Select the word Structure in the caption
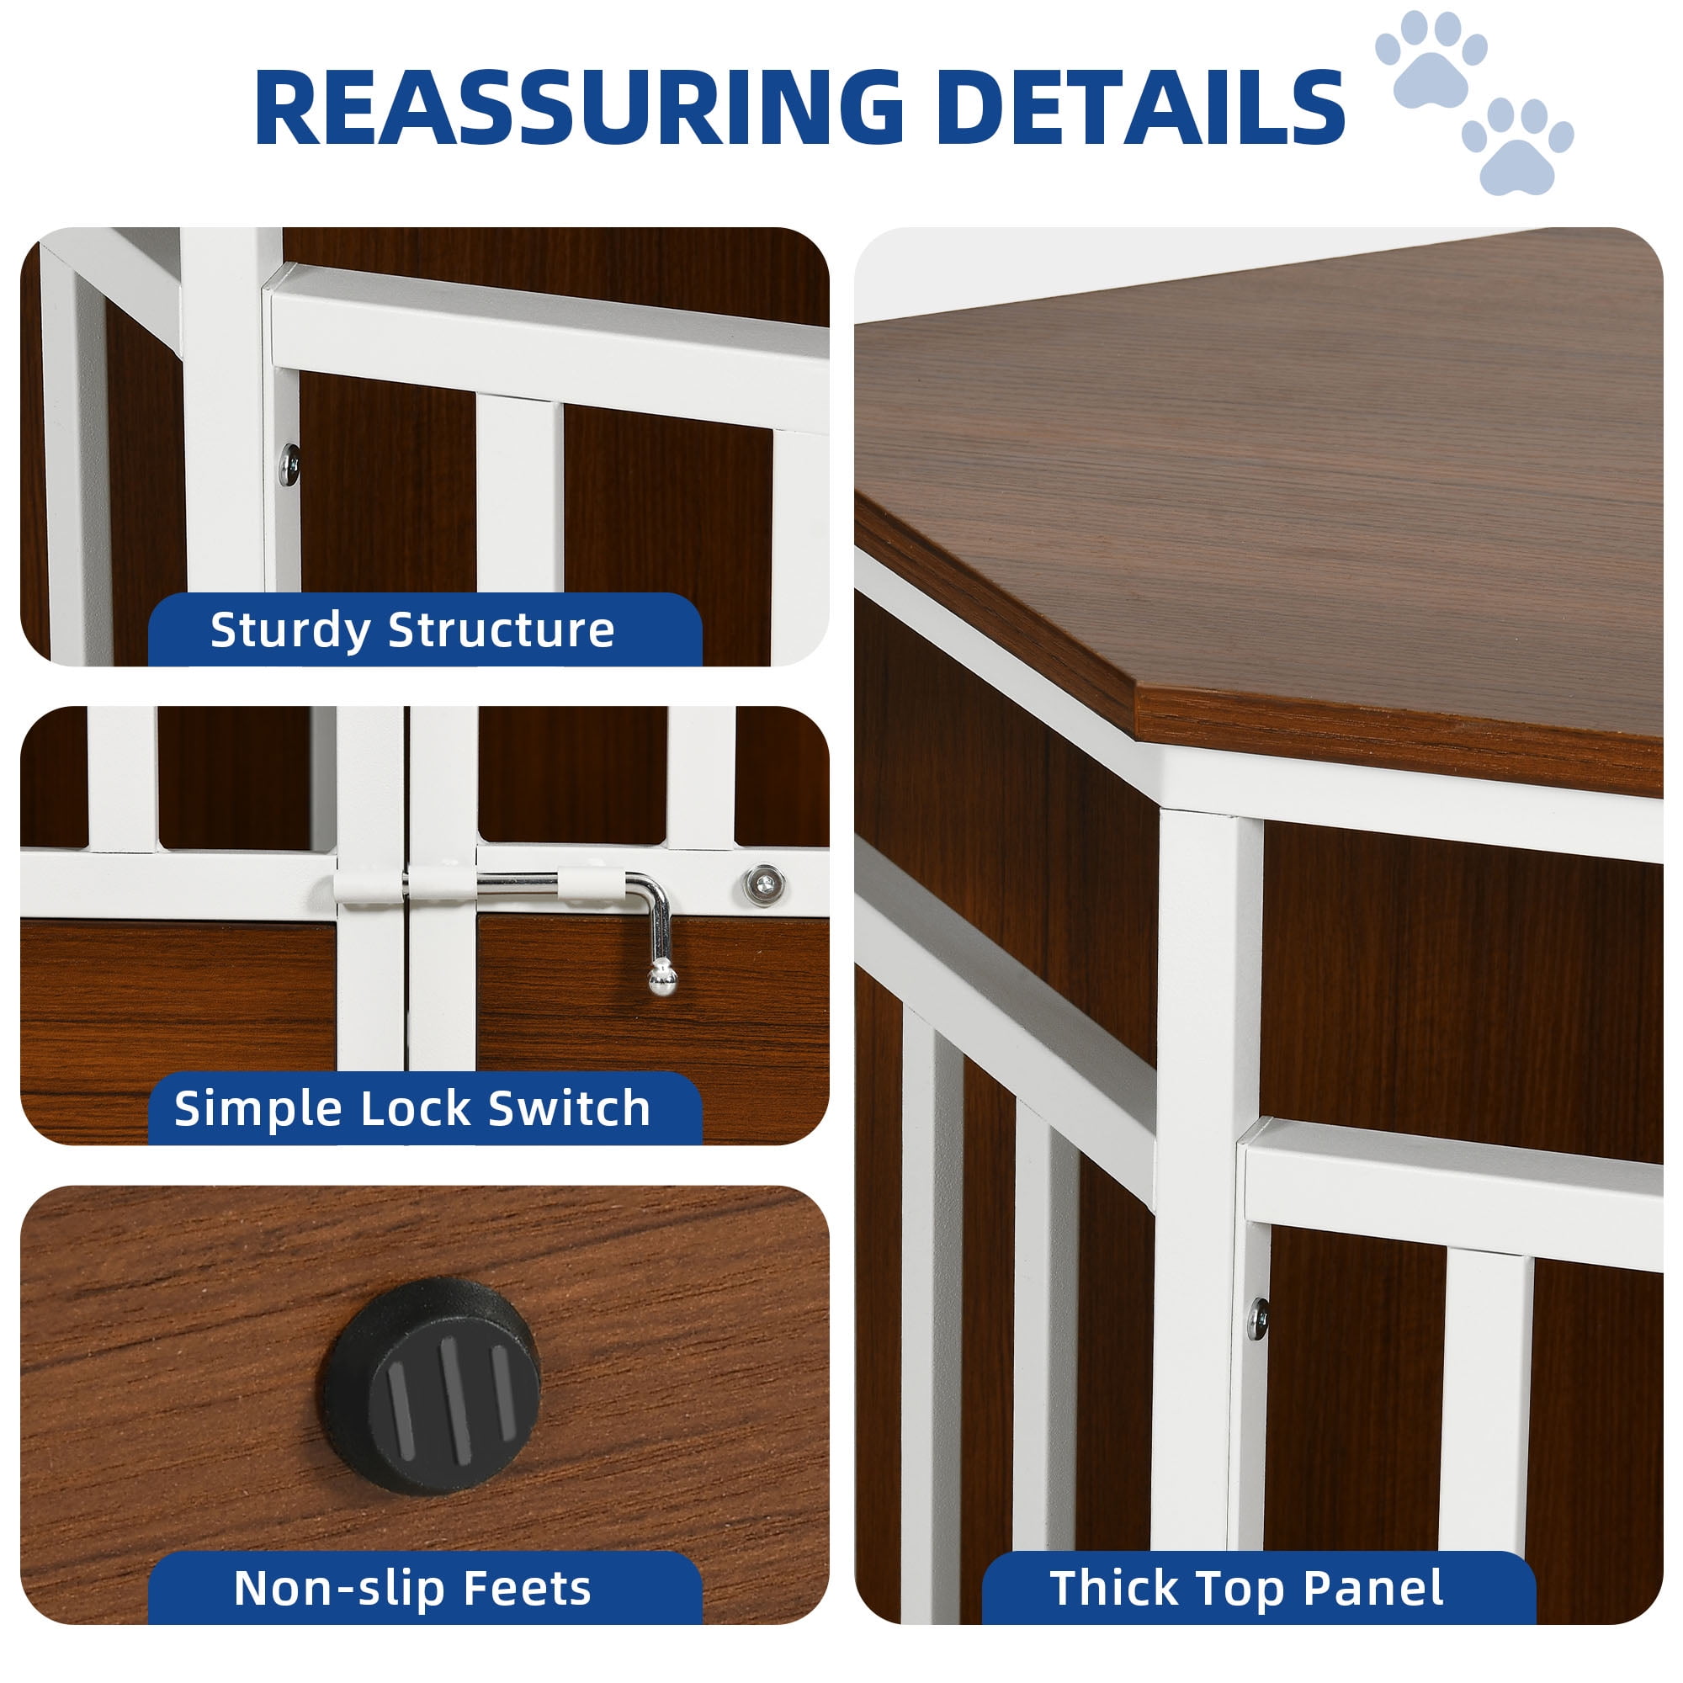coord(501,629)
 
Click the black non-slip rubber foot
coord(431,1386)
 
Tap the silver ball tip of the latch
coord(661,980)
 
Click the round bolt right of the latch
coord(764,884)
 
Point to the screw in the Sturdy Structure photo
coord(290,463)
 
